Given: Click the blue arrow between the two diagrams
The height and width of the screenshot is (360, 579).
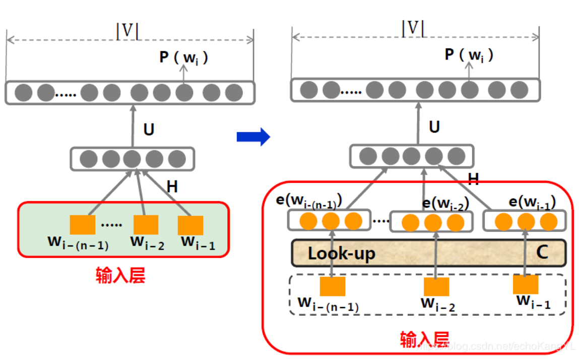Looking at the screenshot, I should tap(253, 137).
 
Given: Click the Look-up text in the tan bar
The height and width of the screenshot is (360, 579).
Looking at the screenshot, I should tap(341, 253).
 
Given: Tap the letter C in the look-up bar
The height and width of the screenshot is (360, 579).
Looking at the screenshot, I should tap(542, 252).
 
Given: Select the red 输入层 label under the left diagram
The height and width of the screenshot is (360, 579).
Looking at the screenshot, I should tap(120, 275).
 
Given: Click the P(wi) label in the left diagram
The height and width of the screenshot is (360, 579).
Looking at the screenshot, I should tap(183, 57).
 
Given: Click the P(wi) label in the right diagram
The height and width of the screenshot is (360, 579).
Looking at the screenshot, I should tap(469, 55).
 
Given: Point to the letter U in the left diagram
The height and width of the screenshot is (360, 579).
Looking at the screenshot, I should tap(149, 130).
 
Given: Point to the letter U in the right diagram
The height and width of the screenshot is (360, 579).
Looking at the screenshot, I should tap(434, 127).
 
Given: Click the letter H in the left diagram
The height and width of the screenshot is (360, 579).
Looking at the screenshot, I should tap(172, 187).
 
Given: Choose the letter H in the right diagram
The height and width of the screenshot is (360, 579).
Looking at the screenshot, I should tap(473, 178).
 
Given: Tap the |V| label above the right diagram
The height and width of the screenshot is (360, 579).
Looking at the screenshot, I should tap(413, 29).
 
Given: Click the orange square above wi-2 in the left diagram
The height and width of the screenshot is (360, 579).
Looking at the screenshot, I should tap(146, 225).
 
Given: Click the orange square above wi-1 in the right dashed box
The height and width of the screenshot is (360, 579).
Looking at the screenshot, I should tap(526, 284).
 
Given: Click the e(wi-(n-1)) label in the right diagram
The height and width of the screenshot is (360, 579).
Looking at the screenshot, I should tap(309, 201).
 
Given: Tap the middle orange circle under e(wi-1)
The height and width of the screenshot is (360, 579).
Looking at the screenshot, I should tap(526, 221).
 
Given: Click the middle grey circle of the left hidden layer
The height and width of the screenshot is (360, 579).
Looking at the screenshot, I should tap(133, 159).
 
